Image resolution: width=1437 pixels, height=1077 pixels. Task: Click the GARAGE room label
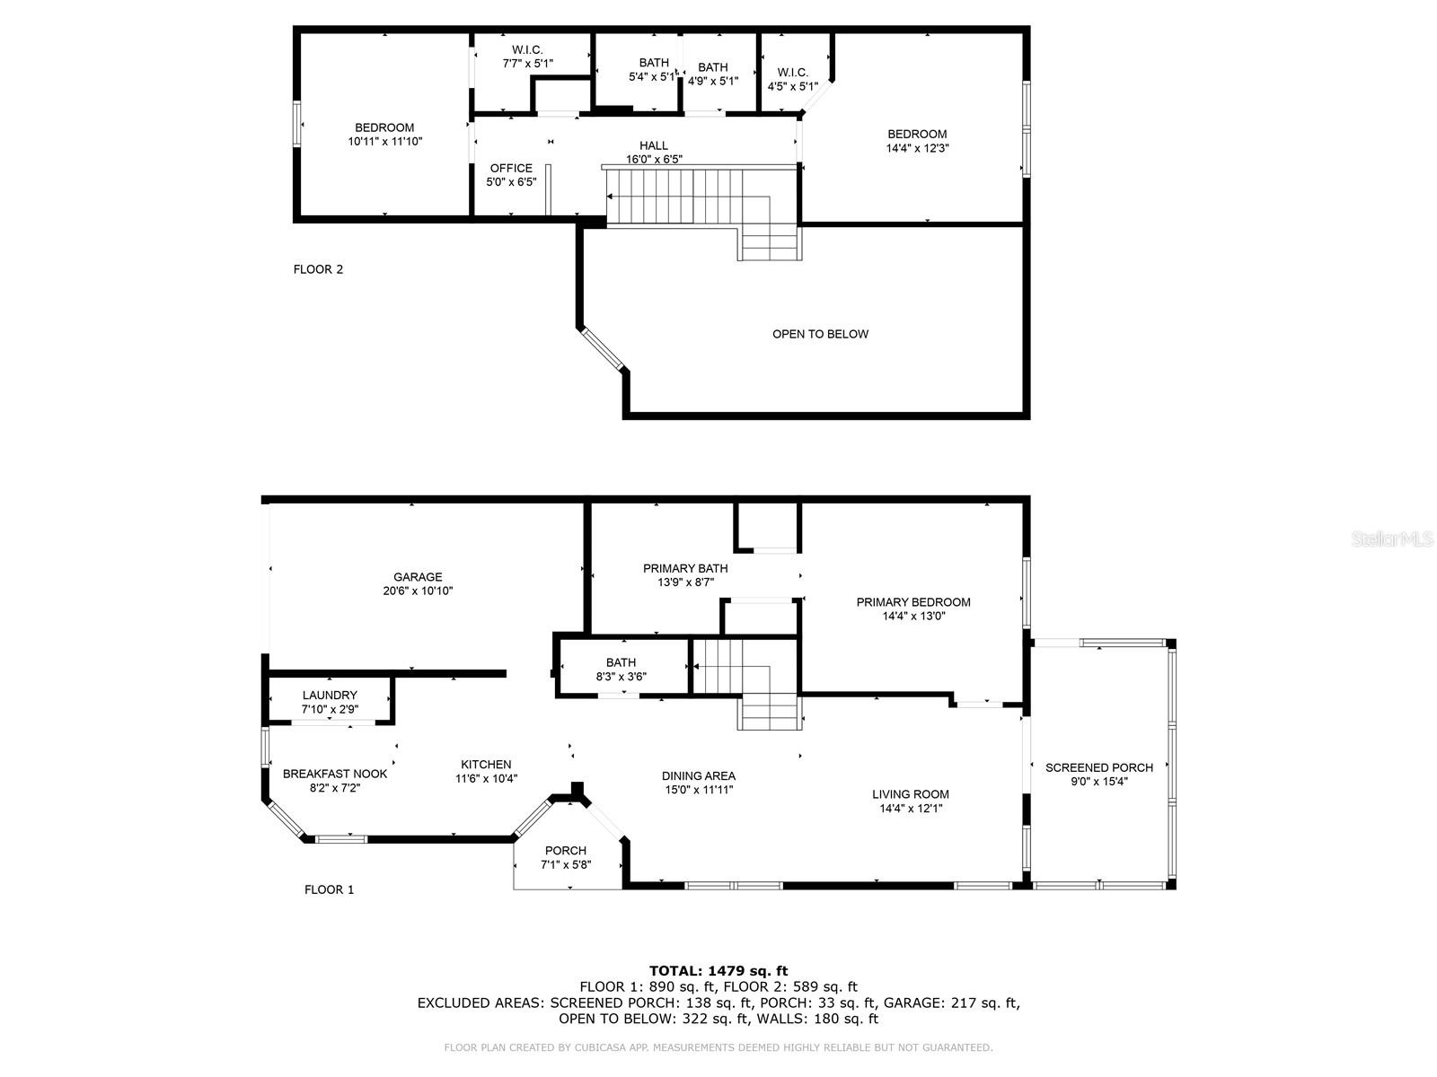[x=418, y=577]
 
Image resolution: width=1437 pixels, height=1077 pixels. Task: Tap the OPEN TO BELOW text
[x=820, y=334]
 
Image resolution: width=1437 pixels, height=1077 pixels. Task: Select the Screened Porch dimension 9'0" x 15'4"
[x=1098, y=781]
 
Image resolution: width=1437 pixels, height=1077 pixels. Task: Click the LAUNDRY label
[x=330, y=695]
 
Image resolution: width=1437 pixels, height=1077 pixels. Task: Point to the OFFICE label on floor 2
[x=511, y=168]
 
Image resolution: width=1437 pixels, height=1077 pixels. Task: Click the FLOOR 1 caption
[x=329, y=889]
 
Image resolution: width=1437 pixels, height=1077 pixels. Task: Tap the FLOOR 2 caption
[x=318, y=269]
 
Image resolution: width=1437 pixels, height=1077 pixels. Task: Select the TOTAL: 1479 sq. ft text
[x=718, y=970]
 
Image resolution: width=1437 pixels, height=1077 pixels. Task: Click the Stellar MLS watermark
[x=1391, y=539]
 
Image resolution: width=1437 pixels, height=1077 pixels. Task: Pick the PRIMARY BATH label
[x=685, y=568]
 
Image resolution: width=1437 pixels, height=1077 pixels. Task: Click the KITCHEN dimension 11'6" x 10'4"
[x=486, y=779]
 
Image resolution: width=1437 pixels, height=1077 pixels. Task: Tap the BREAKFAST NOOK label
[x=335, y=774]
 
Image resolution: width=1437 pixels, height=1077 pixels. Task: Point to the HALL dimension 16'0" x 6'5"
[x=654, y=160]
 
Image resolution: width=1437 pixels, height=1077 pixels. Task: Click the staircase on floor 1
[x=745, y=682]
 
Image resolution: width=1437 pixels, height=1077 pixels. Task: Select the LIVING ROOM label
[x=910, y=793]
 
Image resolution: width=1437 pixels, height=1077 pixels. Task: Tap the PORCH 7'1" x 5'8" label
[x=566, y=857]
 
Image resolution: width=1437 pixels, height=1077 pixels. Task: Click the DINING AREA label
[x=698, y=775]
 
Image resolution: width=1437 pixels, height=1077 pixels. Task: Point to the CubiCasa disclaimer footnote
[x=718, y=1047]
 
